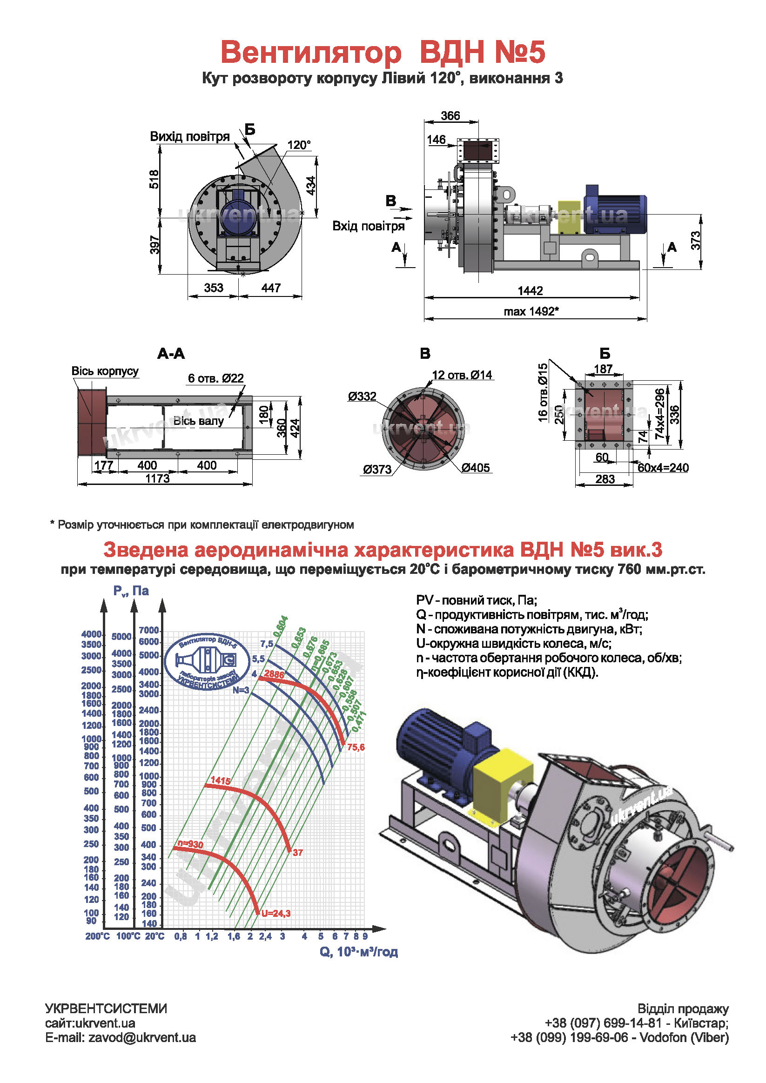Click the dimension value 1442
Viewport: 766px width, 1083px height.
tap(530, 290)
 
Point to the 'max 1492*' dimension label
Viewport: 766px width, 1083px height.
tap(531, 311)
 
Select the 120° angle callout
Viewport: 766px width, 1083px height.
tap(300, 145)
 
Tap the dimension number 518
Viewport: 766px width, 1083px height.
tap(155, 179)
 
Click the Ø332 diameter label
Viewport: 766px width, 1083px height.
tap(362, 396)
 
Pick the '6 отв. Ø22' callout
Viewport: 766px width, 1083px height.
tap(215, 378)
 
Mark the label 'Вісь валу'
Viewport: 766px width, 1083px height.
tap(199, 421)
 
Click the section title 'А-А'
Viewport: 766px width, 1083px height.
tap(171, 354)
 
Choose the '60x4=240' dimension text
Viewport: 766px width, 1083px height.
tap(663, 468)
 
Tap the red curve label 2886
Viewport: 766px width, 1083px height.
tap(274, 674)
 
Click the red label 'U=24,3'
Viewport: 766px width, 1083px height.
tap(276, 914)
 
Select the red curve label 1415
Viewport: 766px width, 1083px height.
tap(220, 780)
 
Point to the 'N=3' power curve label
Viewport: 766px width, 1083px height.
tap(241, 690)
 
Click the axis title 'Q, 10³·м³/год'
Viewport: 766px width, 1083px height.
tap(358, 952)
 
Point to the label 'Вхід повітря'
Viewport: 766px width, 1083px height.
tap(369, 226)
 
